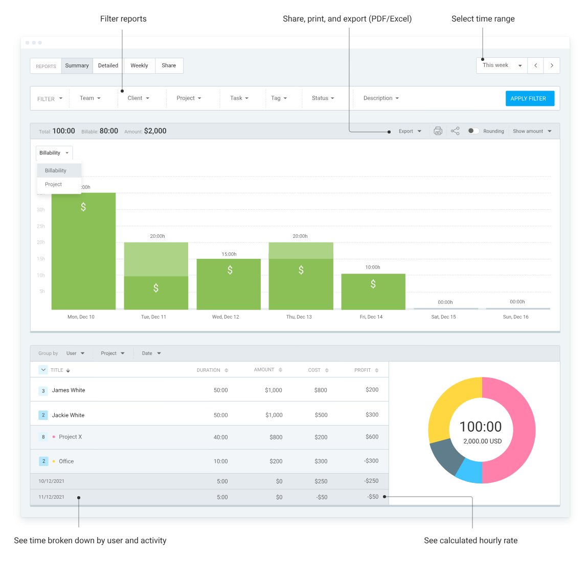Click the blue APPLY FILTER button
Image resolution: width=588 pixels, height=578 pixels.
(x=530, y=98)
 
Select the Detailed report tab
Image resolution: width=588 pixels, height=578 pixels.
(x=108, y=65)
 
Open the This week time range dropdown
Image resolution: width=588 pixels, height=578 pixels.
(x=502, y=65)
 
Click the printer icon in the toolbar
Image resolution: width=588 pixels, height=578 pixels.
(x=438, y=131)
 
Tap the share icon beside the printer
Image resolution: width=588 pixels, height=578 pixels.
(x=455, y=131)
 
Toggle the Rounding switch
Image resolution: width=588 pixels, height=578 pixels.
(x=473, y=131)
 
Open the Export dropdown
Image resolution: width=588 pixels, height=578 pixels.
(x=410, y=131)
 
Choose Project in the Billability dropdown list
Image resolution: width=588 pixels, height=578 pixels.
(x=54, y=185)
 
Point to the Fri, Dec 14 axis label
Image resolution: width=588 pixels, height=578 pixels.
(x=371, y=317)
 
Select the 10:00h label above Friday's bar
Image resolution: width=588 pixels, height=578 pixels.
(x=373, y=268)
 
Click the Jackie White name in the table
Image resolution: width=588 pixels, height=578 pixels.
(x=68, y=415)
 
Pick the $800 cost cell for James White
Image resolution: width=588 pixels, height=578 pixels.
(x=321, y=390)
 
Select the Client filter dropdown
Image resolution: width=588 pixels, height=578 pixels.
(x=138, y=98)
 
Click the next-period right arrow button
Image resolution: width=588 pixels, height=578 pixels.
(x=552, y=65)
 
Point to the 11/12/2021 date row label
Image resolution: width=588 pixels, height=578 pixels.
(x=52, y=497)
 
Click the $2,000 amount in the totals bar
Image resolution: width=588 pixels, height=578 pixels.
(x=155, y=131)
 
